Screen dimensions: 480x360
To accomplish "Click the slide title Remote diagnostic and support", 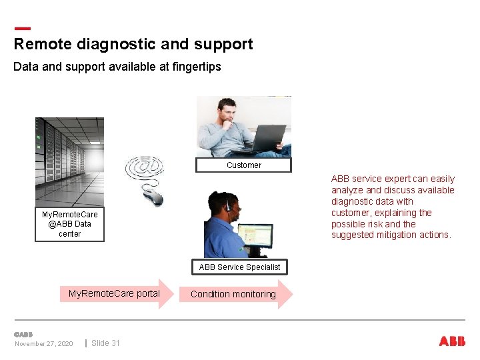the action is pos(133,44).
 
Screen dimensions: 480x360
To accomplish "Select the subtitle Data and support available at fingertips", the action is pos(117,67).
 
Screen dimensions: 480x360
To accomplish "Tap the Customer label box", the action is pos(243,165).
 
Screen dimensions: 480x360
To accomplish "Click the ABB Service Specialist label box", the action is pos(239,267).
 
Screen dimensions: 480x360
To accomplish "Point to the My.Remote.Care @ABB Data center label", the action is pos(69,224).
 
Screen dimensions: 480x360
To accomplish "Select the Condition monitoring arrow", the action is pos(235,294).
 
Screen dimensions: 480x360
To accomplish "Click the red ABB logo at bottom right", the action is pos(452,341).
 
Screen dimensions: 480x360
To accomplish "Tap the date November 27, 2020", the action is pos(44,344).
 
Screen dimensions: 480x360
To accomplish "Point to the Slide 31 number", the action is pos(105,343).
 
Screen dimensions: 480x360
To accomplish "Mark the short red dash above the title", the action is pos(22,29).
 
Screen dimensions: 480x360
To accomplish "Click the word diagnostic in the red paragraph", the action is pos(353,201).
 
